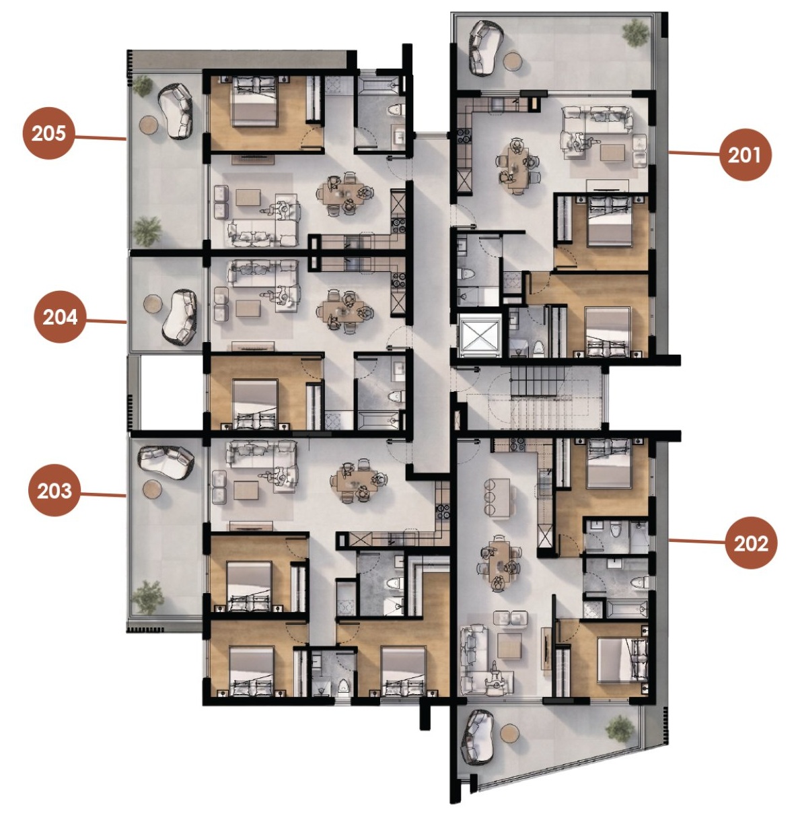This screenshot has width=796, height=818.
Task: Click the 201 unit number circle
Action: coord(745,155)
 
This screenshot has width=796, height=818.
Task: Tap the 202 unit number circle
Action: coord(751,543)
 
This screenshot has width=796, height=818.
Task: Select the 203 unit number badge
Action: coord(55,490)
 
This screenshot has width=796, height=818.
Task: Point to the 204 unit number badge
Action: coord(60,316)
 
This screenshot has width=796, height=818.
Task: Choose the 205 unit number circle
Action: coord(48,133)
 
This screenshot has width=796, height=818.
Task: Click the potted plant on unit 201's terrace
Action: coord(635,33)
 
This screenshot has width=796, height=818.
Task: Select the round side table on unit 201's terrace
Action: coord(513,62)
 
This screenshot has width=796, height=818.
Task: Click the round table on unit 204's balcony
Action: coord(153,303)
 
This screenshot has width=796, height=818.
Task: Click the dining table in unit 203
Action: coord(359,481)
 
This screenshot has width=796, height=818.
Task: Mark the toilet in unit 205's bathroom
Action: coord(394,110)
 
